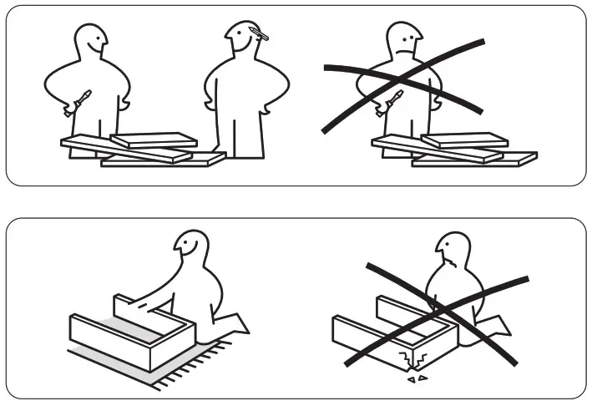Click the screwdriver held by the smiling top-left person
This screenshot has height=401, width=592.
coord(78,103)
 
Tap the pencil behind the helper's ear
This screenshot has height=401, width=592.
coord(258,33)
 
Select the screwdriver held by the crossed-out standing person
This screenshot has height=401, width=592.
coord(389,103)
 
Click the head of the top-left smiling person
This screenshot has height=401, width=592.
coord(89,40)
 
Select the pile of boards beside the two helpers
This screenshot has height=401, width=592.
coord(142,149)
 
